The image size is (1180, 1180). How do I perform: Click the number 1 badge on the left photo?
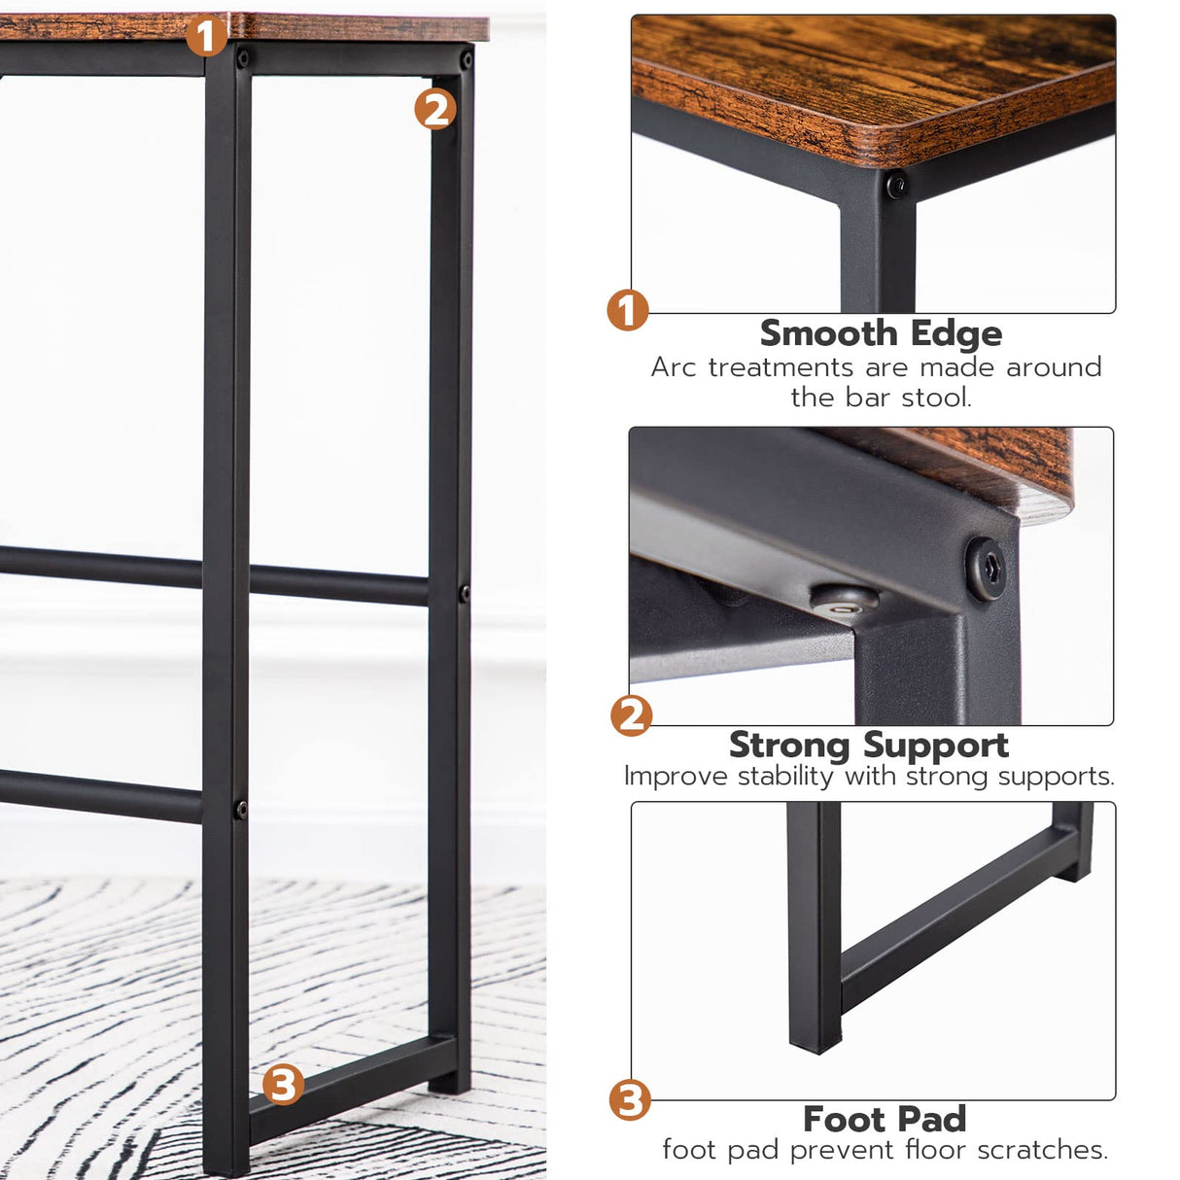205,36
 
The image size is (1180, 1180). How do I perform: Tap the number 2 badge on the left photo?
434,109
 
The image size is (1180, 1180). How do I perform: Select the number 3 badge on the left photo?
283,1084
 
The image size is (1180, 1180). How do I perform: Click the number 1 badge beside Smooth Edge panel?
628,311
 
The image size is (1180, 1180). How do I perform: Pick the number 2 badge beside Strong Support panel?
631,715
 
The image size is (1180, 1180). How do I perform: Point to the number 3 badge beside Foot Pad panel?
629,1100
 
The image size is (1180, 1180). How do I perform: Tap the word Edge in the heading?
956,333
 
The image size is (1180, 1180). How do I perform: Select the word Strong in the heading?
789,745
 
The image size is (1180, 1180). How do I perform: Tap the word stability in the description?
785,777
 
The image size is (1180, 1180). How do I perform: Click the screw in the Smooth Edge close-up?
896,182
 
